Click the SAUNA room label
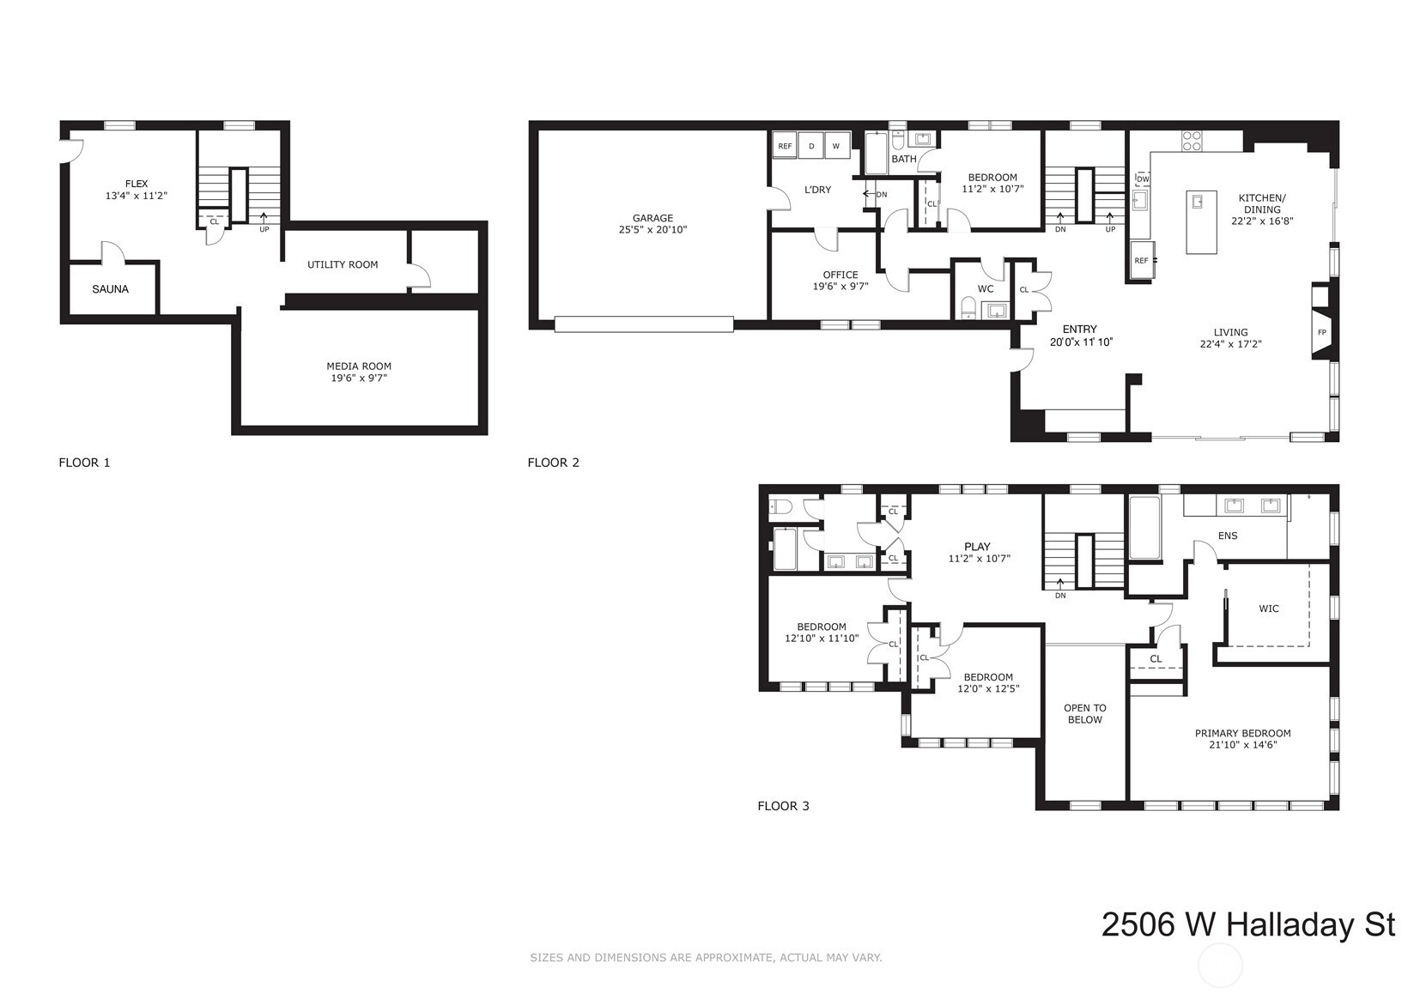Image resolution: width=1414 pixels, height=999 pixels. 110,289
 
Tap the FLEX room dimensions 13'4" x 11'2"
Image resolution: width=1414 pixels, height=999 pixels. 136,196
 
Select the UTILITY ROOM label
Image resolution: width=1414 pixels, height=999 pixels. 343,264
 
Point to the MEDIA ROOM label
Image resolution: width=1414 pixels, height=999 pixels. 359,366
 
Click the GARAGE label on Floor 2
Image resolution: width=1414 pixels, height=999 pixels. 652,218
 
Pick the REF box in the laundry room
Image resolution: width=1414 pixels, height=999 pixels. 785,147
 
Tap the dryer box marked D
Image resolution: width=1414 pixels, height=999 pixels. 811,147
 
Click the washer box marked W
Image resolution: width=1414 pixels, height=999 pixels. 836,147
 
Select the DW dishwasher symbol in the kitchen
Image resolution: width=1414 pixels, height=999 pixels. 1143,179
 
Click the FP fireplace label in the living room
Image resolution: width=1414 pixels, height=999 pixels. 1321,332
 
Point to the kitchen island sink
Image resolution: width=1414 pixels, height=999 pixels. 1198,202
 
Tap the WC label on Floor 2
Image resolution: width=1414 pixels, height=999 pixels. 986,289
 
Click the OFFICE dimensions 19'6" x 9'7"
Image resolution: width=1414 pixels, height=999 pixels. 841,287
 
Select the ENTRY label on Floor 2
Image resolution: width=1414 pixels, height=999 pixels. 1079,329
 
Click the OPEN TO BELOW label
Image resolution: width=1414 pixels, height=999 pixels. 1084,714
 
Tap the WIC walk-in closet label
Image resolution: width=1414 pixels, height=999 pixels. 1268,608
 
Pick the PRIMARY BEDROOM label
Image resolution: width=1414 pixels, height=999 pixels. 1242,733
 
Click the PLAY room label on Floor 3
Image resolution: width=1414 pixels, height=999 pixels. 977,547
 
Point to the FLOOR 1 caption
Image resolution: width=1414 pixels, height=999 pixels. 84,463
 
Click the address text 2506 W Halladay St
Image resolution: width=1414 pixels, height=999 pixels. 1247,925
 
